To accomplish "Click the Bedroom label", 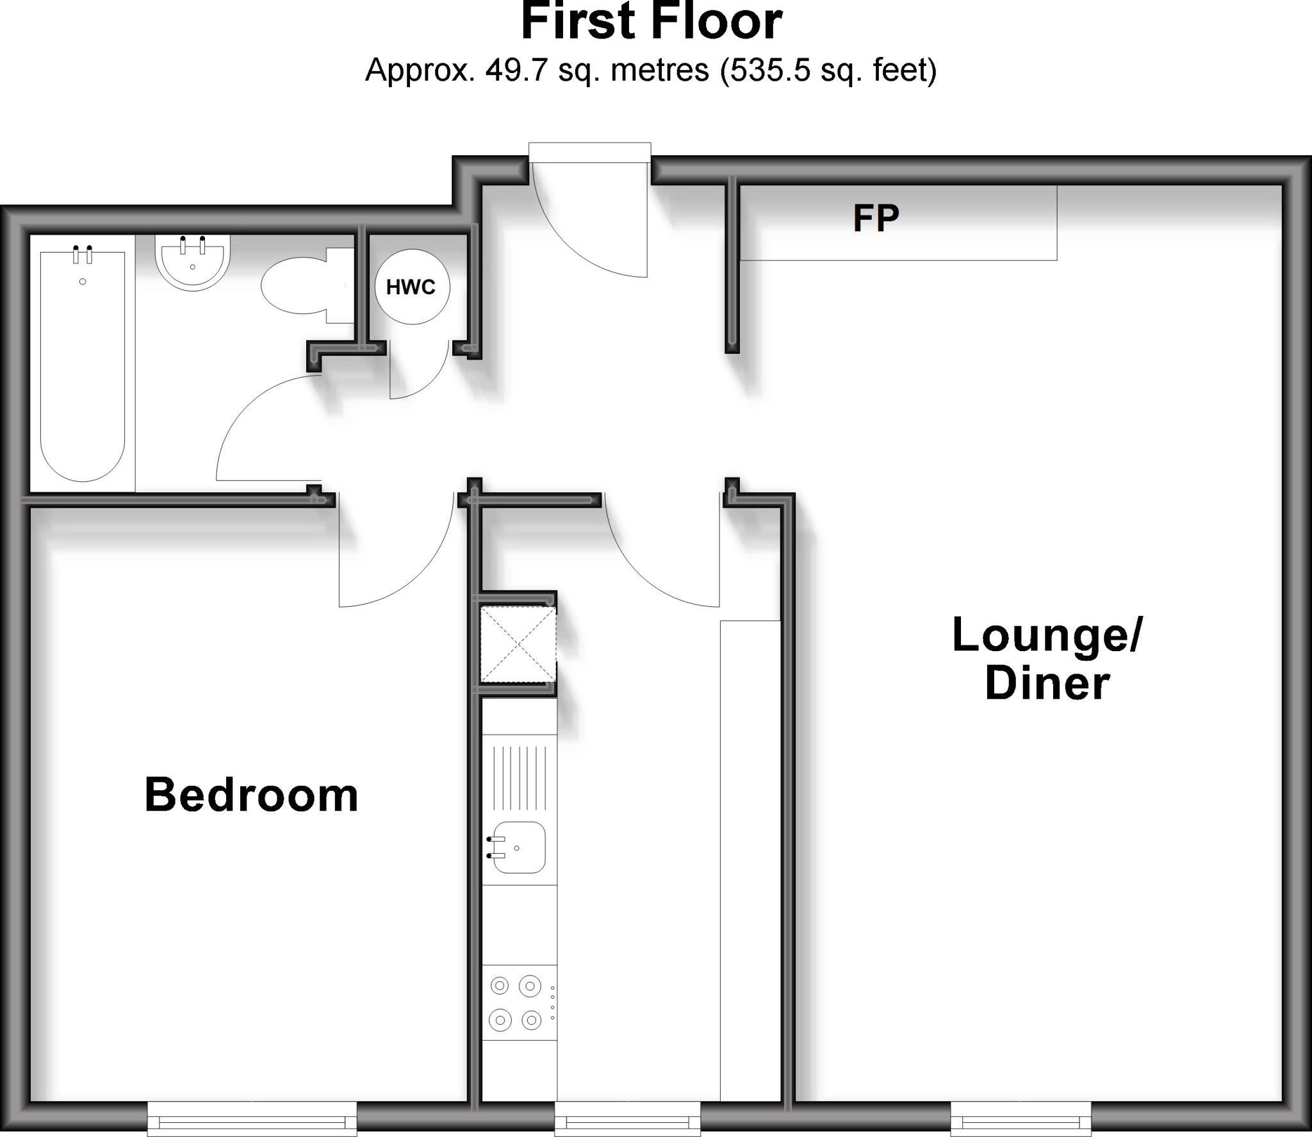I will click(251, 795).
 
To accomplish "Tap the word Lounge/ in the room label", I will click(1047, 635).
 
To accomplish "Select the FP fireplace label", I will click(876, 219).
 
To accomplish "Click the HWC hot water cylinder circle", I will click(411, 286).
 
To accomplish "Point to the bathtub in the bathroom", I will click(83, 365).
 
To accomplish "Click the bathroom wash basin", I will click(192, 262).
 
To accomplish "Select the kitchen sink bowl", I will click(519, 847).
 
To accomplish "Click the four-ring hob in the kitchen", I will click(516, 1002).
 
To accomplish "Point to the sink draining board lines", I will click(519, 777).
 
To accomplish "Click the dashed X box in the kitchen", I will click(518, 644).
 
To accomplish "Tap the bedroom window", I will click(252, 1118).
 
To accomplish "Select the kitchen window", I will click(627, 1118).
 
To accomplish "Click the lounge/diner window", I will click(1021, 1118).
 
